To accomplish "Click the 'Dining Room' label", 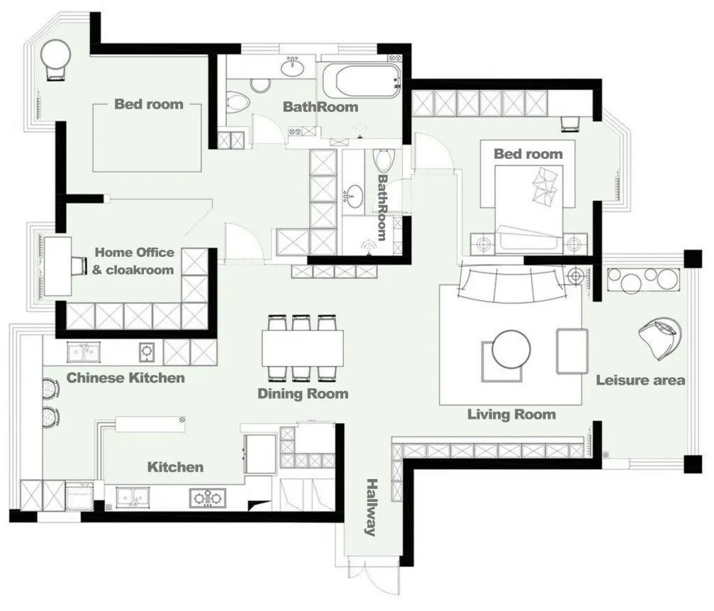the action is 303,394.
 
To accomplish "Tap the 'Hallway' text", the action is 372,507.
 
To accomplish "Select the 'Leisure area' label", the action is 640,380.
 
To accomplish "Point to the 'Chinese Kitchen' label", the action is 125,378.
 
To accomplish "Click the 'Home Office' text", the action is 134,253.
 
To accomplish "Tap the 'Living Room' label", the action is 511,414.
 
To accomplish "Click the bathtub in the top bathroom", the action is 362,82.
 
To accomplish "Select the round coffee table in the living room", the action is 511,349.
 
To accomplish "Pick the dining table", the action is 302,348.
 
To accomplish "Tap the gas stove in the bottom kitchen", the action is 208,498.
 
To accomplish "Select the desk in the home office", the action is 57,266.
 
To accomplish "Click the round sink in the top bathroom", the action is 292,68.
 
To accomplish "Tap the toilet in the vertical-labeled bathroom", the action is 383,160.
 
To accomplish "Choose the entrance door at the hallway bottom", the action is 373,575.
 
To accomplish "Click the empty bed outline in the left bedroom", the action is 147,138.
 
